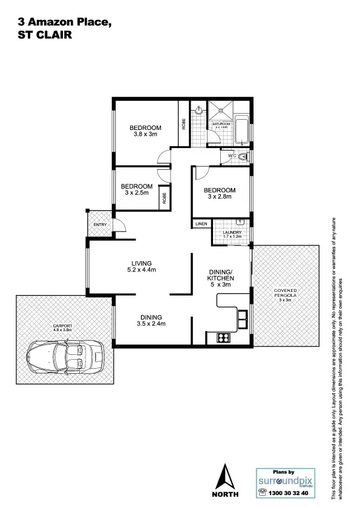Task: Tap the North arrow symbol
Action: coord(226,477)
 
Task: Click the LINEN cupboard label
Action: coord(201,224)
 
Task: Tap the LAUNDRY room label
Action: coord(232,233)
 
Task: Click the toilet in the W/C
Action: coord(243,157)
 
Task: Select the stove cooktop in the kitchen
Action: coord(221,339)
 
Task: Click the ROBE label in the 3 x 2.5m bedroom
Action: coord(163,197)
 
